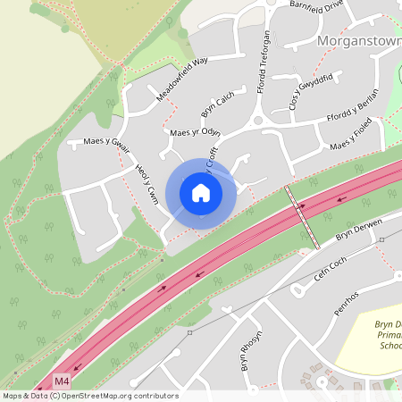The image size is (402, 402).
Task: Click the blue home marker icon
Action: click(x=201, y=193)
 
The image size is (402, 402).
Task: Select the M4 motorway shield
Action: click(x=61, y=381)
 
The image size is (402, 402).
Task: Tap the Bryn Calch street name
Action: click(x=217, y=105)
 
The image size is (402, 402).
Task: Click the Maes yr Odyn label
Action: click(x=195, y=132)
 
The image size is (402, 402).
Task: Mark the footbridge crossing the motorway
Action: click(x=302, y=217)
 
